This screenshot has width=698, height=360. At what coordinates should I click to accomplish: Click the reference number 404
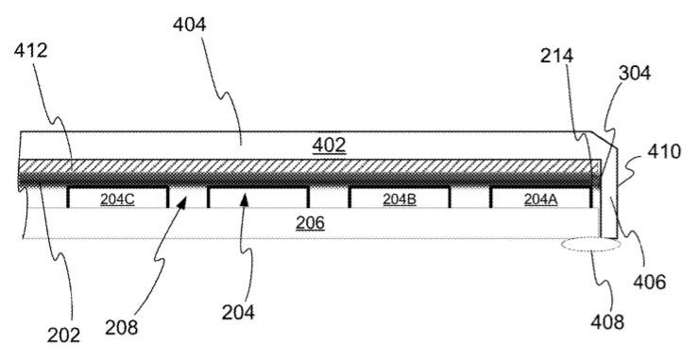click(x=190, y=25)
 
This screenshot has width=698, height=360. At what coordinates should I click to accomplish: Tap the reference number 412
click(x=31, y=51)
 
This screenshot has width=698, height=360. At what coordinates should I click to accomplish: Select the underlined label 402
click(x=329, y=146)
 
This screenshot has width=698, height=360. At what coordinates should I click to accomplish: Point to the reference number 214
click(x=557, y=56)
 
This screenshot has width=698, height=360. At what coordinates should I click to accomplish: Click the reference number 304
click(x=635, y=73)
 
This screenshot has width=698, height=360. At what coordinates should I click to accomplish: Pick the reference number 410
click(x=664, y=151)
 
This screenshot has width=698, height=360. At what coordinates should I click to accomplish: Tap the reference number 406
click(x=650, y=282)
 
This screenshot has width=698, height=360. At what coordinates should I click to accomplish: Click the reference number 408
click(x=607, y=321)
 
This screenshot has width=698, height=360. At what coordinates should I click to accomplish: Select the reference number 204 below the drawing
click(x=239, y=313)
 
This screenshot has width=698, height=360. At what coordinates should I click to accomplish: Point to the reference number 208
click(x=122, y=328)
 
